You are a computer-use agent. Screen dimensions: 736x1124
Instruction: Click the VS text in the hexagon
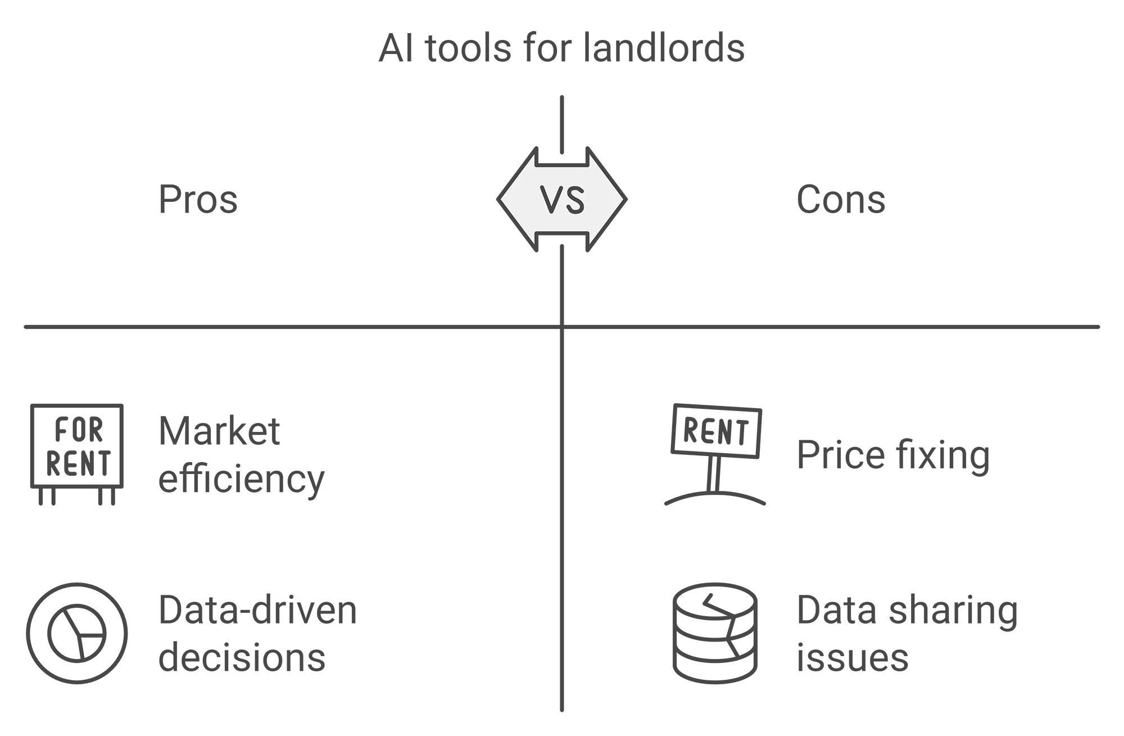click(562, 199)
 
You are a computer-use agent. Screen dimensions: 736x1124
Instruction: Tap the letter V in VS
click(551, 199)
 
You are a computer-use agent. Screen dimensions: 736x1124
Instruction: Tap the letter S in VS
click(575, 199)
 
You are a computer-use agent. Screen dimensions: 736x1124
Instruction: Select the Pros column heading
click(197, 201)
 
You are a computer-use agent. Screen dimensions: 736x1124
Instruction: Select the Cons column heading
click(840, 201)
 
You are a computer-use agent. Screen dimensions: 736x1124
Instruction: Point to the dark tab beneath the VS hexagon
click(562, 240)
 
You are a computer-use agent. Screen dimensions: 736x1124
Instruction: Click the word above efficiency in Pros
click(219, 434)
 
